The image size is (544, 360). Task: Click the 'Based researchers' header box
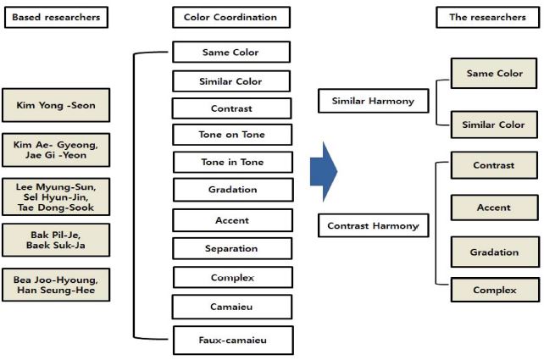(x=56, y=17)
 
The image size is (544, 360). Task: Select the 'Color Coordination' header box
(x=230, y=17)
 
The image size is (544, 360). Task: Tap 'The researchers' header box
(x=487, y=17)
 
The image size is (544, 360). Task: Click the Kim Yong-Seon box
(x=56, y=106)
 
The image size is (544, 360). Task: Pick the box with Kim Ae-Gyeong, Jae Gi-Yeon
(x=56, y=151)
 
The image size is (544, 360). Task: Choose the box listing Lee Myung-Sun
(x=56, y=197)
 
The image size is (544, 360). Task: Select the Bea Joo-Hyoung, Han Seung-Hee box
(x=56, y=285)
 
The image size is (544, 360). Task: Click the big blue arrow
(x=323, y=171)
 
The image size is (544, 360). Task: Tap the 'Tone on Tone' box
(x=231, y=135)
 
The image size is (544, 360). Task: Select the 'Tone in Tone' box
(x=231, y=162)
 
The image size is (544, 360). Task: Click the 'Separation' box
(x=231, y=249)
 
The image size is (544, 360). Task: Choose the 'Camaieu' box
(x=231, y=307)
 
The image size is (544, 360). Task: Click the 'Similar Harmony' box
(x=372, y=102)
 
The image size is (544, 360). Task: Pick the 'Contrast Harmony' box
(x=372, y=226)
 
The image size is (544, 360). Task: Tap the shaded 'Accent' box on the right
(x=494, y=208)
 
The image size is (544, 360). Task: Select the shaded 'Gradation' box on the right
(x=494, y=252)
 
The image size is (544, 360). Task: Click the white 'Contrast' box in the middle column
(x=231, y=108)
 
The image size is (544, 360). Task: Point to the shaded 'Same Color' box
(x=494, y=74)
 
